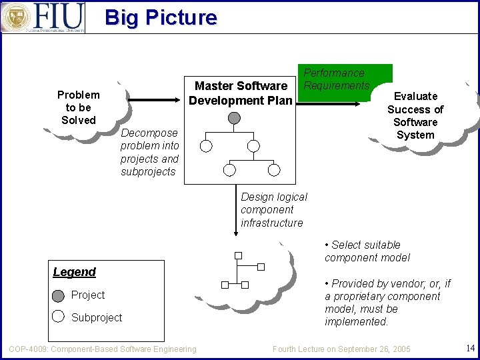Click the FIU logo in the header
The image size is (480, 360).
(43, 17)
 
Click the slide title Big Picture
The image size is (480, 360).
(161, 17)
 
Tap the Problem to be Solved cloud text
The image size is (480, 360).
(79, 107)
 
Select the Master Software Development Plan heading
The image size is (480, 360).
(240, 93)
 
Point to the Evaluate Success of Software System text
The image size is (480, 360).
(415, 115)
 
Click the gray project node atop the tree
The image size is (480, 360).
(234, 118)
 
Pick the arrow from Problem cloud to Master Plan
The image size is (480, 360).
(157, 101)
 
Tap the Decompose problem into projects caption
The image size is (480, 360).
(149, 152)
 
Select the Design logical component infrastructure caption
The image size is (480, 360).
(273, 209)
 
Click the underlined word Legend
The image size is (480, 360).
(74, 272)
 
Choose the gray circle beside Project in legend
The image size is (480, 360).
(59, 295)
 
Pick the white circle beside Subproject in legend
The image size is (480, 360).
(59, 317)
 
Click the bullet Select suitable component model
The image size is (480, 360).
(367, 251)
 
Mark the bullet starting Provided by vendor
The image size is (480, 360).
(387, 302)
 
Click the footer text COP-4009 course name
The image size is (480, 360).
(103, 349)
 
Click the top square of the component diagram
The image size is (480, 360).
(237, 255)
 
